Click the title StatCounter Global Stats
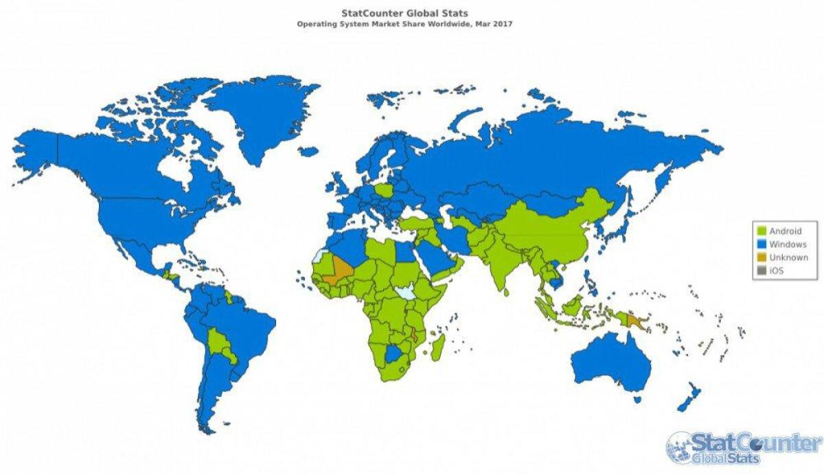[404, 13]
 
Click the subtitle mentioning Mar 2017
[404, 23]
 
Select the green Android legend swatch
[761, 231]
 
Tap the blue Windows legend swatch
[761, 244]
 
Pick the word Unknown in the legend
[788, 257]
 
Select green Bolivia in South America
[222, 343]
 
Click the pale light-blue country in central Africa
[407, 292]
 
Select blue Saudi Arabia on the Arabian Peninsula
[433, 258]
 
